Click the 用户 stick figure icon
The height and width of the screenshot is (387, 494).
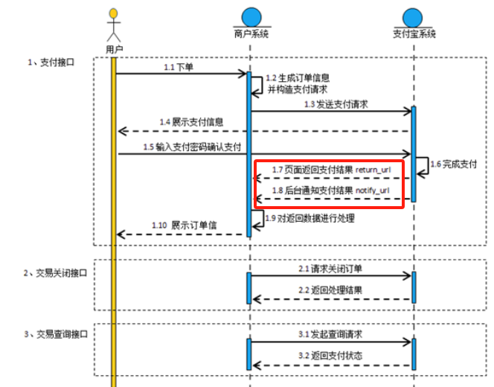(113, 25)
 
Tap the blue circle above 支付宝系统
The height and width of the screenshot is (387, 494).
(414, 16)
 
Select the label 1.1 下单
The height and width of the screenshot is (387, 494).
(179, 67)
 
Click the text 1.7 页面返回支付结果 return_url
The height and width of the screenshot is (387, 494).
(331, 170)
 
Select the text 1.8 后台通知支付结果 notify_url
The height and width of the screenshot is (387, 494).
(331, 191)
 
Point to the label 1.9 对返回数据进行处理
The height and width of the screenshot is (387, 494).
(310, 218)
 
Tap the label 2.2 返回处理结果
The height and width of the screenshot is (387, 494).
(331, 290)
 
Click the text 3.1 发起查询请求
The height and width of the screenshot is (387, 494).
(331, 334)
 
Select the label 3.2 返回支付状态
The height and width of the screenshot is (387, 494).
(331, 355)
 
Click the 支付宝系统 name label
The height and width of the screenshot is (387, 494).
(414, 34)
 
